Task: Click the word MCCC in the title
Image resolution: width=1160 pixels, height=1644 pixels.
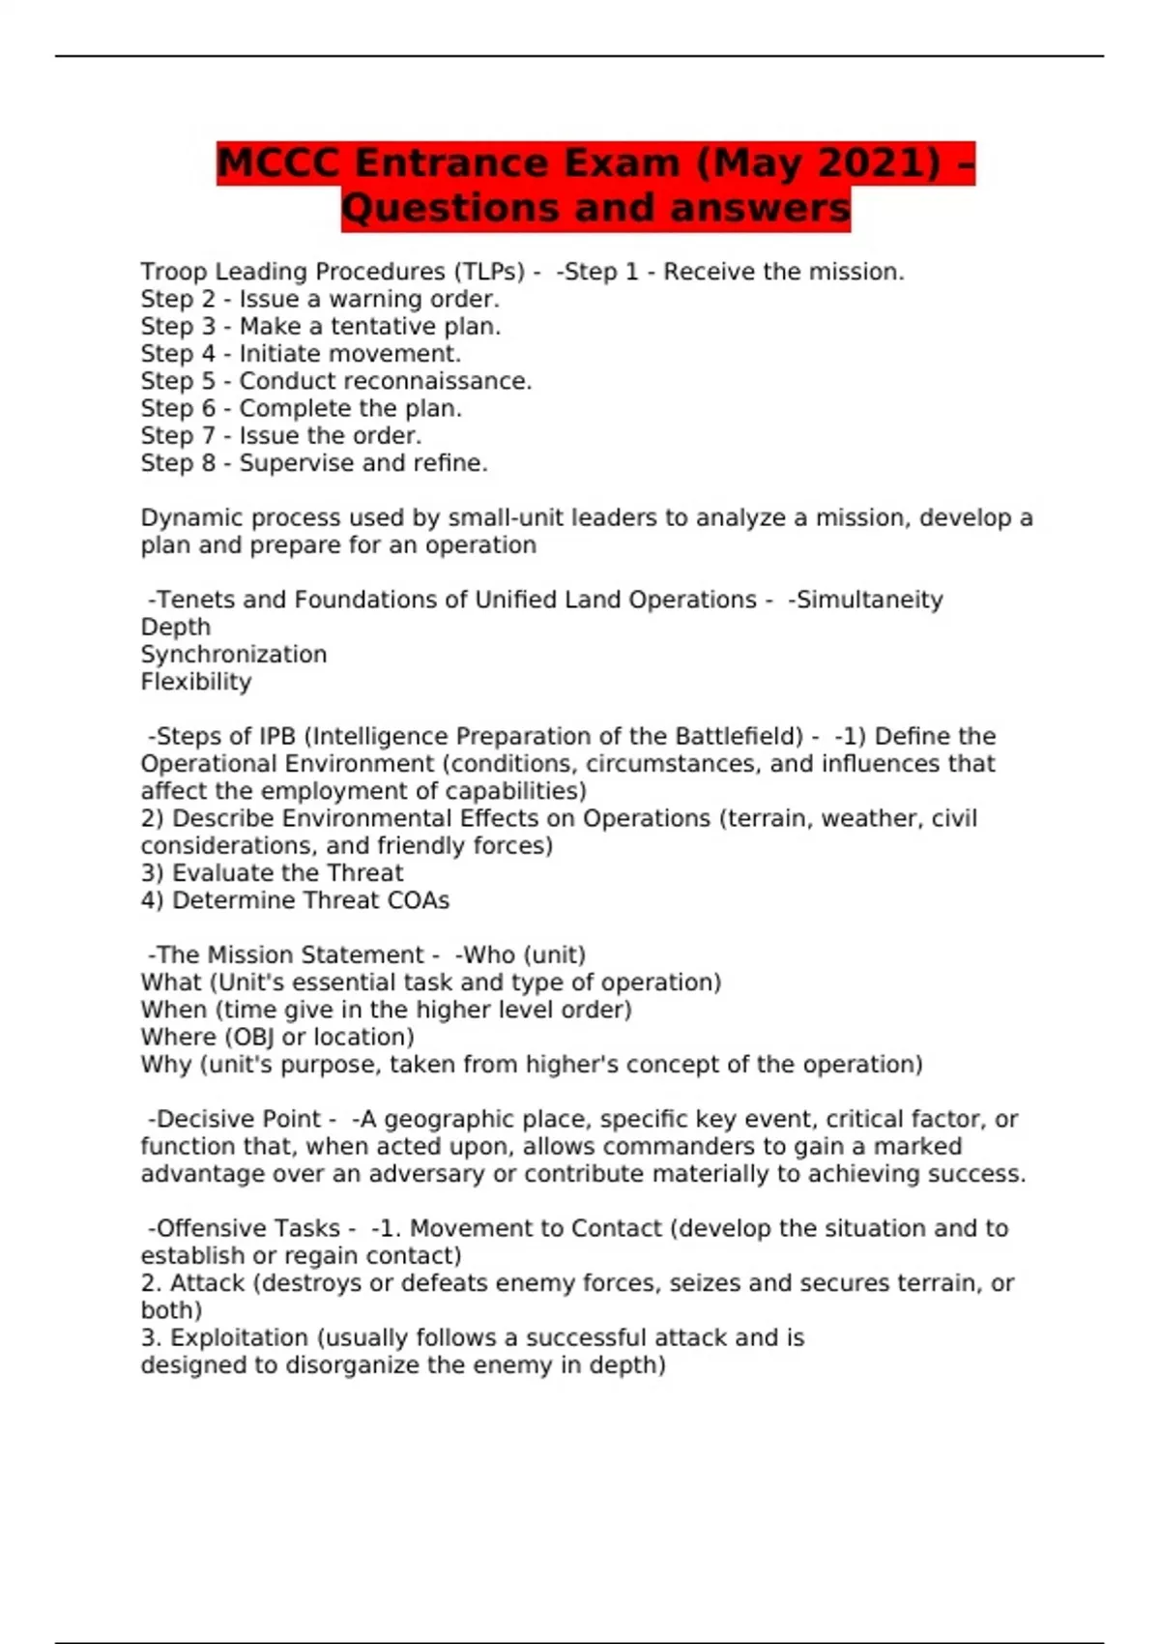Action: pyautogui.click(x=278, y=163)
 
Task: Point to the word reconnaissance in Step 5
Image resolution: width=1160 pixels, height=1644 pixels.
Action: pyautogui.click(x=446, y=381)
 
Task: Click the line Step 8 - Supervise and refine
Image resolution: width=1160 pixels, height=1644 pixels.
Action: pyautogui.click(x=314, y=463)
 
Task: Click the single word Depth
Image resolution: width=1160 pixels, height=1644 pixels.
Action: pyautogui.click(x=175, y=627)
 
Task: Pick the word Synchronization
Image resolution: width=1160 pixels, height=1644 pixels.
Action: pyautogui.click(x=233, y=655)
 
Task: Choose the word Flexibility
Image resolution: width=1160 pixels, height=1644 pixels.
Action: pyautogui.click(x=196, y=682)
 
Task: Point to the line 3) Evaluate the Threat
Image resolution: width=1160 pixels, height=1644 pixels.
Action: pyautogui.click(x=272, y=873)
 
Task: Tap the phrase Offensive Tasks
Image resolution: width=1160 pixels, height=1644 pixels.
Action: pyautogui.click(x=248, y=1228)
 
